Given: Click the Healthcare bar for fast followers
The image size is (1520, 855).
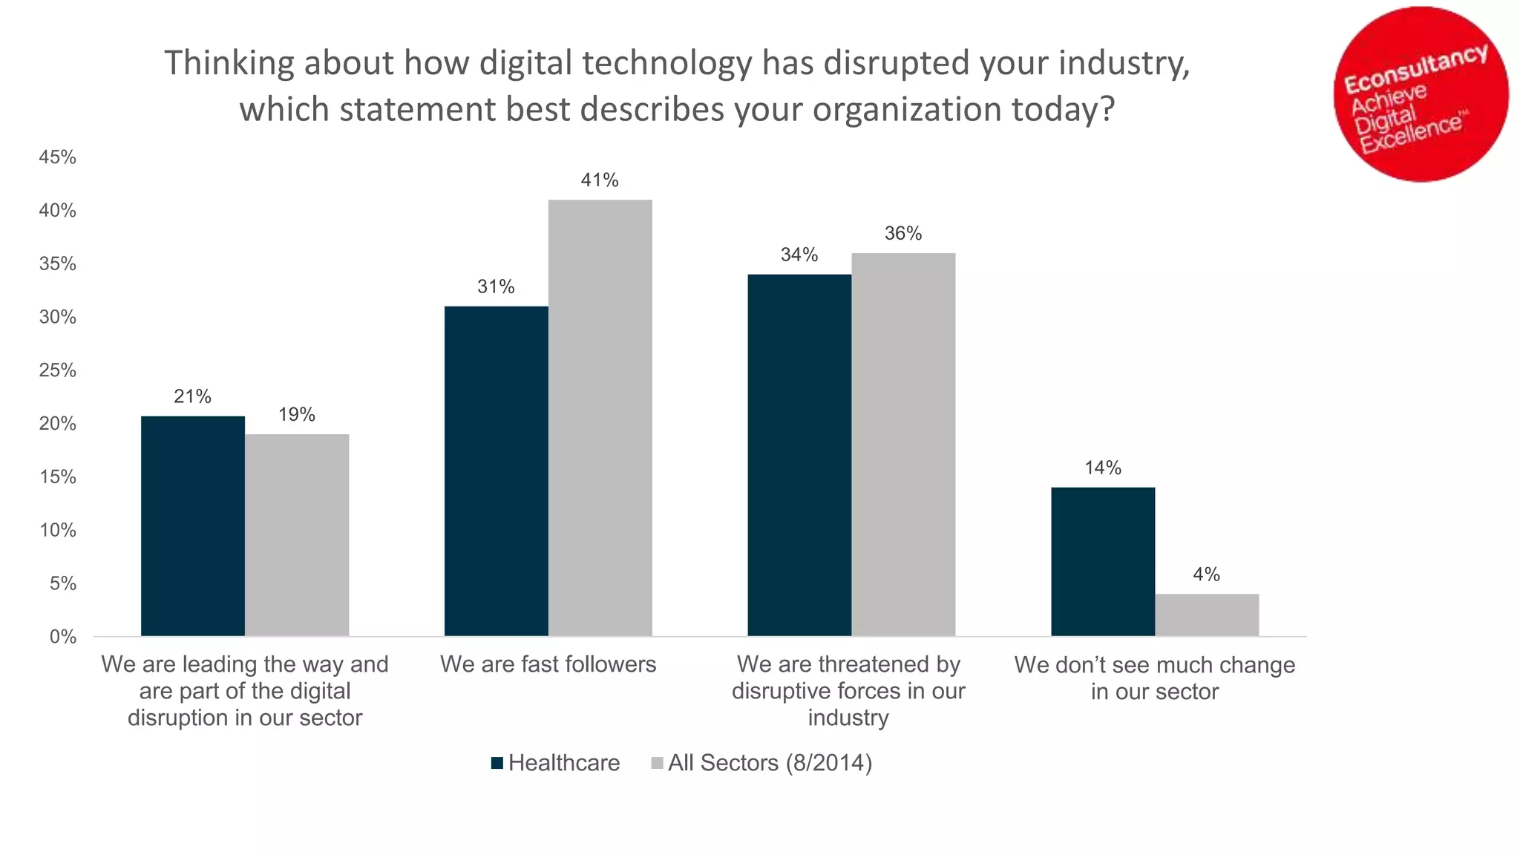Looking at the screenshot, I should pyautogui.click(x=496, y=471).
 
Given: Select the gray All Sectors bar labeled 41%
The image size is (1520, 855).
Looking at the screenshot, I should pyautogui.click(x=600, y=417).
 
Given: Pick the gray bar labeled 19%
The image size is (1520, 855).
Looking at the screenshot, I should pyautogui.click(x=297, y=534).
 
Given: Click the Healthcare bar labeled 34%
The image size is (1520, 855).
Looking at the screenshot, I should pyautogui.click(x=799, y=454).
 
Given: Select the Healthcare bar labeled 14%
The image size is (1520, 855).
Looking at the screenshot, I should pyautogui.click(x=1103, y=561).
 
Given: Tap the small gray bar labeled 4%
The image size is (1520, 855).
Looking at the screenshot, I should pyautogui.click(x=1207, y=615).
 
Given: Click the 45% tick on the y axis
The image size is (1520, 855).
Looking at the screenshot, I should pyautogui.click(x=58, y=157).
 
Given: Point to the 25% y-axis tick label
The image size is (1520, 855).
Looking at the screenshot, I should pyautogui.click(x=58, y=370).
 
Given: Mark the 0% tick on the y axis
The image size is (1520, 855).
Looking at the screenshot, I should pyautogui.click(x=63, y=637).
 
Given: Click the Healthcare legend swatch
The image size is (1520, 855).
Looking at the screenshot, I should pyautogui.click(x=497, y=763).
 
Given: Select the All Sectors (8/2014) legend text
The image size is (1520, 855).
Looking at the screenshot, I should pyautogui.click(x=770, y=763).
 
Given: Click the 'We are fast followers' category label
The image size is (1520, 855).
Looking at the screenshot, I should pyautogui.click(x=548, y=664).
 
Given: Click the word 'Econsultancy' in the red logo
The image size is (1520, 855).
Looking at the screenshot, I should pyautogui.click(x=1415, y=68).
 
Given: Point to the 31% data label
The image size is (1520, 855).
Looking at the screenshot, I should pyautogui.click(x=496, y=286).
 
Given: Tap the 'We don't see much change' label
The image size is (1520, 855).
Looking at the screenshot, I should pyautogui.click(x=1154, y=664).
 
